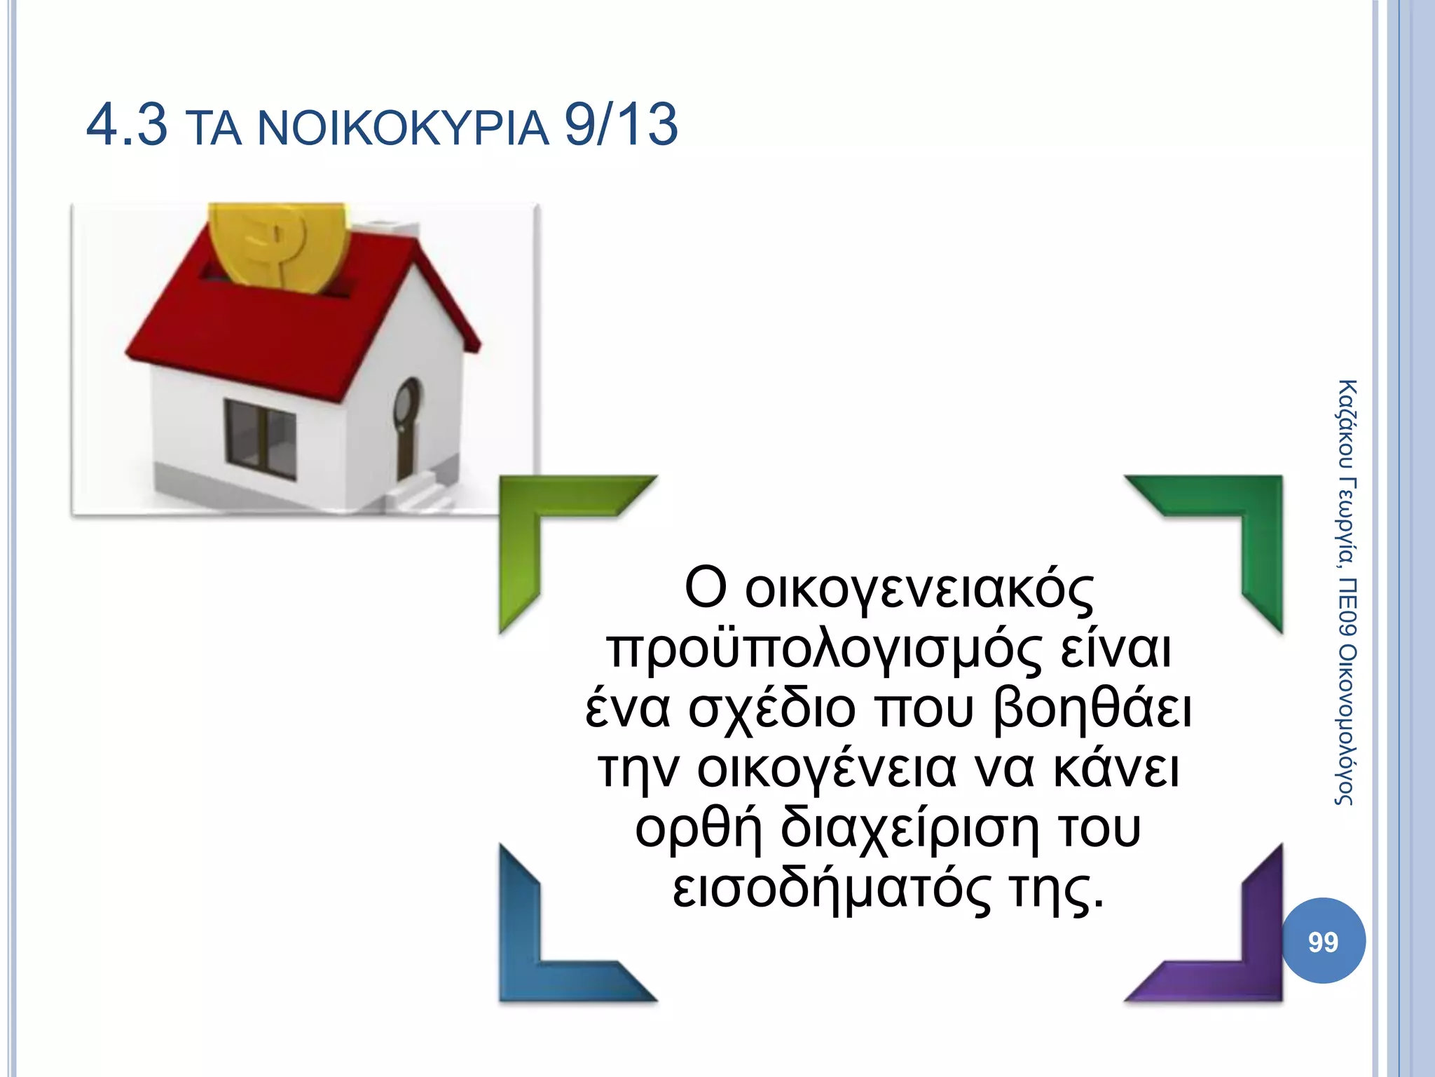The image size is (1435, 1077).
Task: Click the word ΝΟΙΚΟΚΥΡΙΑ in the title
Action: [x=404, y=129]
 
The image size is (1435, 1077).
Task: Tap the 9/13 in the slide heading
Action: [x=621, y=125]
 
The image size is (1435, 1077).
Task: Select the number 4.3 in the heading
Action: [x=127, y=125]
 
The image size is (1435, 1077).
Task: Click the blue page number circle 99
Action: [x=1323, y=941]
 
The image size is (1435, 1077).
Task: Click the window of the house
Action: [x=260, y=439]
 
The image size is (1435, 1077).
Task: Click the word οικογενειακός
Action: [x=919, y=590]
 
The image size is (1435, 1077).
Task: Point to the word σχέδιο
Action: [x=771, y=710]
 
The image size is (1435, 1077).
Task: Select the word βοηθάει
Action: [x=1092, y=710]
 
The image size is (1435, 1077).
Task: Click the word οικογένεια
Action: [x=827, y=770]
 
